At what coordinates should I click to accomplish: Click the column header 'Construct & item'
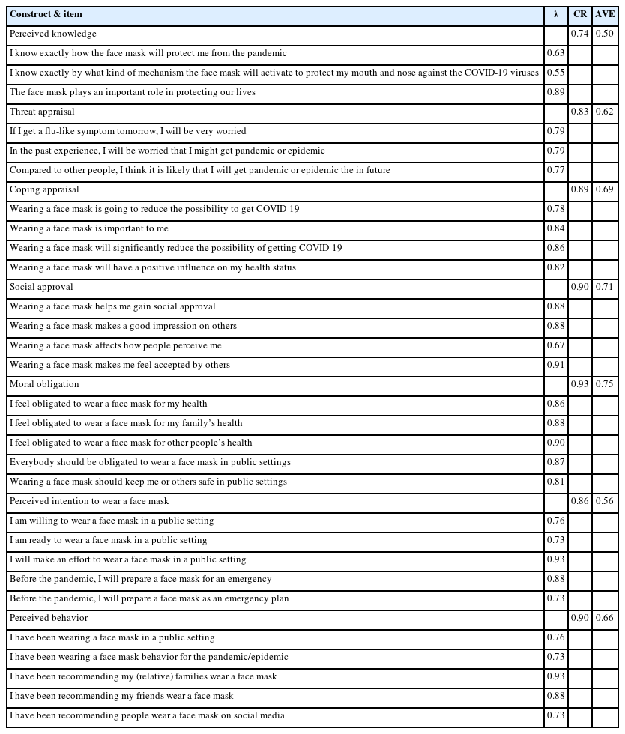[46, 15]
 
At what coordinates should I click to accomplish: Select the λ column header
[555, 15]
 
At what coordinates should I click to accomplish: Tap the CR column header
[579, 15]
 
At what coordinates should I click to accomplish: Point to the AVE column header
[605, 15]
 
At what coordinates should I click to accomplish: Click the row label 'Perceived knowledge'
[53, 34]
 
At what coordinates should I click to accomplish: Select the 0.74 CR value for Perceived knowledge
[579, 34]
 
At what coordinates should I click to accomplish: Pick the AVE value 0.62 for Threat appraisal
[605, 112]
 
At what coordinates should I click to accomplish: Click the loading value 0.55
[555, 73]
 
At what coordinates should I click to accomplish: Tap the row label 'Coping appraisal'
[44, 189]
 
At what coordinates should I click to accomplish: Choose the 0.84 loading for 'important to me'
[555, 228]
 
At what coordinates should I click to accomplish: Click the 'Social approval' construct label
[41, 287]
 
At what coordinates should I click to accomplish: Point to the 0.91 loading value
[555, 365]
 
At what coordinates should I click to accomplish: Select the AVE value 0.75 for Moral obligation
[605, 384]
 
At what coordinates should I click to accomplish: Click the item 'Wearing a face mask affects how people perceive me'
[115, 345]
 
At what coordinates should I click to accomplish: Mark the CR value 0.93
[579, 384]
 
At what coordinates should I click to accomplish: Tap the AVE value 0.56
[605, 501]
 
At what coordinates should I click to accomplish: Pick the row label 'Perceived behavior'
[49, 618]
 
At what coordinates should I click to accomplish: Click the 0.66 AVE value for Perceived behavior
[605, 618]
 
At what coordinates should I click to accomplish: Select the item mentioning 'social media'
[147, 715]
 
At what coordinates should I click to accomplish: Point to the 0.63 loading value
[555, 53]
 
